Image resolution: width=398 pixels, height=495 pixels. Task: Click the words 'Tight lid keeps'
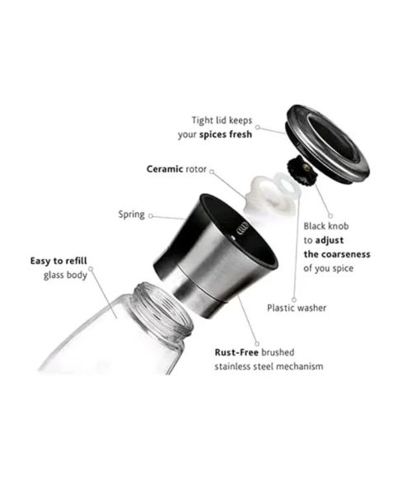tap(222, 120)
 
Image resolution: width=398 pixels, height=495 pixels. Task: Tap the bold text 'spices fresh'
tap(226, 134)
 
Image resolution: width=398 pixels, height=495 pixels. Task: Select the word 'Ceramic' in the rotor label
tap(165, 169)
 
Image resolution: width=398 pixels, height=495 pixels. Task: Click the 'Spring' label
tap(132, 214)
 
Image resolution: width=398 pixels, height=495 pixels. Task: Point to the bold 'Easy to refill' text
tap(59, 261)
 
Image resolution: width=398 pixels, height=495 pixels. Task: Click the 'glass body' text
tap(65, 275)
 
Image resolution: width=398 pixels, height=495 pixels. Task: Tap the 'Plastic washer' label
tap(297, 308)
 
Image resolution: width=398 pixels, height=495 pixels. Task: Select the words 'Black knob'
tap(326, 226)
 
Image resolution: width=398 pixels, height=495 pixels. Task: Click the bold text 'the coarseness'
tap(337, 254)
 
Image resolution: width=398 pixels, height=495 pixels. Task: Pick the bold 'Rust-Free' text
tap(236, 352)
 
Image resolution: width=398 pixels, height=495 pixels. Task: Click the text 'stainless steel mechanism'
tap(269, 366)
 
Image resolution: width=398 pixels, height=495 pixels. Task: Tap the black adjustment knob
tap(302, 172)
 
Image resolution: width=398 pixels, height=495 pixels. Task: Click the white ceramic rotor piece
tap(271, 195)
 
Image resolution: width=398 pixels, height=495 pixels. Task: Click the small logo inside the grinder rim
tap(242, 228)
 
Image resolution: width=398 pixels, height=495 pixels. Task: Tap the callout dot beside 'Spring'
tap(151, 216)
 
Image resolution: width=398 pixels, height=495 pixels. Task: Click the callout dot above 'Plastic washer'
tap(294, 299)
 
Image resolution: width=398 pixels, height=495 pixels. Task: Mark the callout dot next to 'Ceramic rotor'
tap(212, 172)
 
